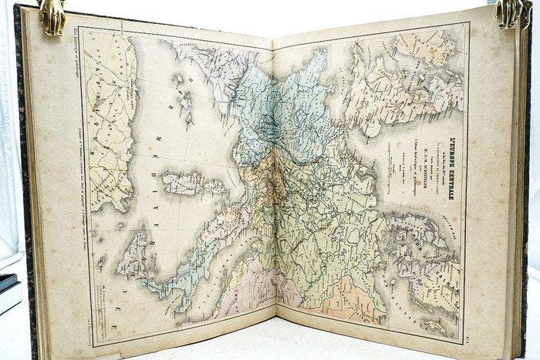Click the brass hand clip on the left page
[52, 17]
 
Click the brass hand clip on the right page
[510, 14]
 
